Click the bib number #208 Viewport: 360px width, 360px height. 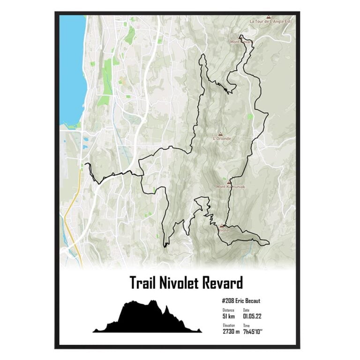228,301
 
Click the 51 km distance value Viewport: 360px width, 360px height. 229,316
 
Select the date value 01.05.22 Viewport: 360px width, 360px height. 252,316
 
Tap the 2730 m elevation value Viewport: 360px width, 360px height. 231,331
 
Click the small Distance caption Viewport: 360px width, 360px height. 228,310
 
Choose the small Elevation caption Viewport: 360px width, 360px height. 229,325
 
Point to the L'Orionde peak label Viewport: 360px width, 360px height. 221,139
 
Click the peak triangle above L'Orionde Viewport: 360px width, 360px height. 220,134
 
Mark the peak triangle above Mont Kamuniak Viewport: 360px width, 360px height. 229,182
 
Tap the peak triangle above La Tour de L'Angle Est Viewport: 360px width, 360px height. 268,16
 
